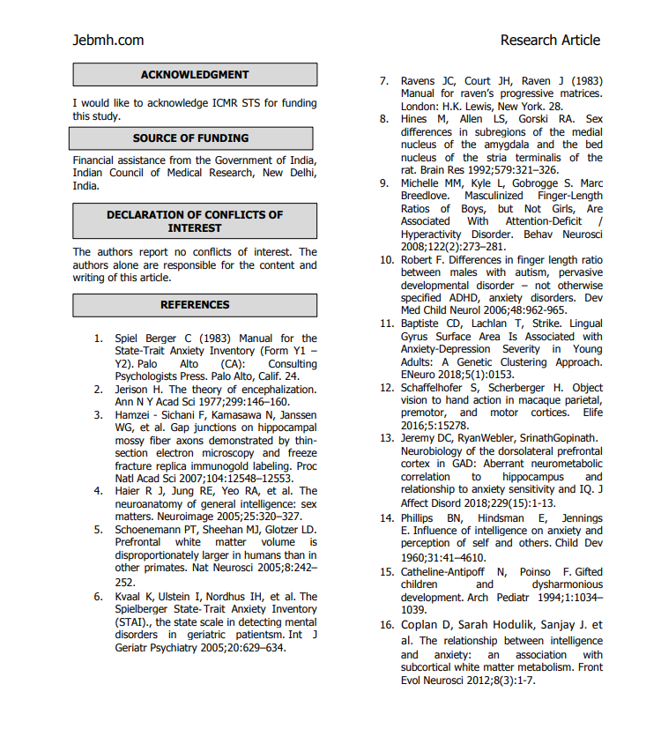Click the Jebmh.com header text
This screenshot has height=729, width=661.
(x=108, y=40)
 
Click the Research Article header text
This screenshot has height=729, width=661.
(x=550, y=40)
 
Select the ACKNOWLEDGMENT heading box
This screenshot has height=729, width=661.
(x=195, y=75)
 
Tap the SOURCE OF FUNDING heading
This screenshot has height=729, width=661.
(x=191, y=138)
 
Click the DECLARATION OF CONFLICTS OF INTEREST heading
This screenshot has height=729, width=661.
(x=195, y=221)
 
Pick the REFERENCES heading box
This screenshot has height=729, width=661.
(x=195, y=305)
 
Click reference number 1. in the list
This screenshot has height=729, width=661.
(x=99, y=338)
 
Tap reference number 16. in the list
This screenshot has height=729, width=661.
(x=386, y=625)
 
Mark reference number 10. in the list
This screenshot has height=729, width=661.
(x=386, y=261)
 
